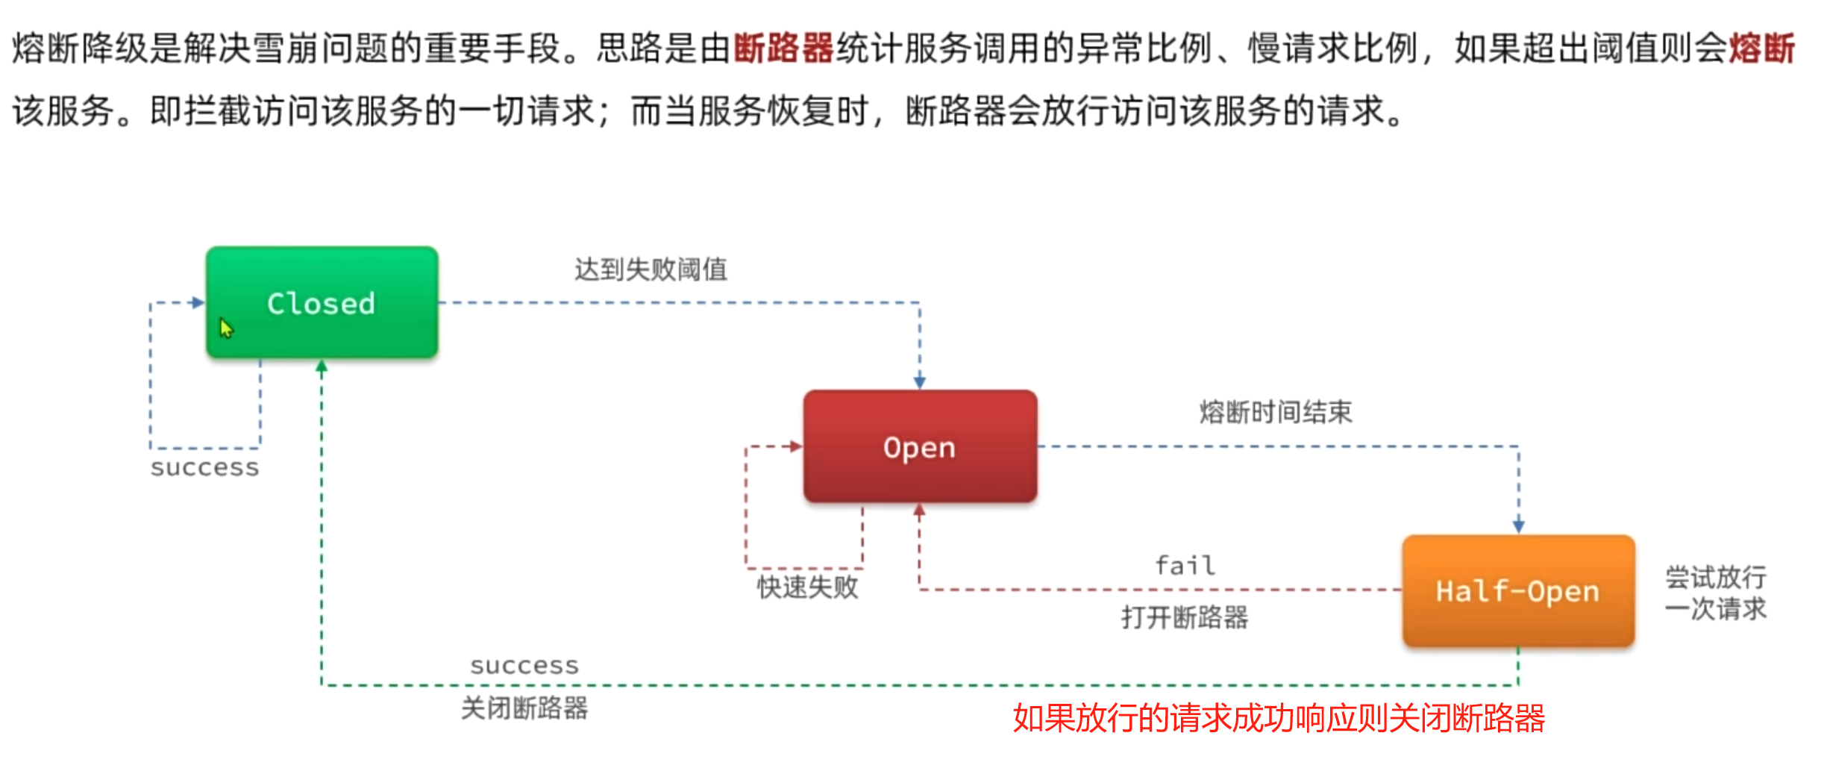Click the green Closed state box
pos(322,303)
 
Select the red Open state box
pos(920,446)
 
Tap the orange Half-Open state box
pos(1518,590)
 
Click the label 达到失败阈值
pos(651,269)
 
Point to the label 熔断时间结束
pos(1276,412)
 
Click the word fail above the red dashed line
pos(1185,566)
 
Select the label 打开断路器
pos(1185,617)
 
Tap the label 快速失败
pos(808,587)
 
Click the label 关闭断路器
pos(524,708)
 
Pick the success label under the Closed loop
pos(204,468)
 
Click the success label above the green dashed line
pos(524,666)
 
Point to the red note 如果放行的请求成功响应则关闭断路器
pos(1279,718)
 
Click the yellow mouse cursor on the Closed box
pos(226,328)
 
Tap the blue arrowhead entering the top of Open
pos(920,382)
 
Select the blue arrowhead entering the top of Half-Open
pos(1518,526)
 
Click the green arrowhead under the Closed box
pos(322,366)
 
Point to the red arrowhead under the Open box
pos(919,511)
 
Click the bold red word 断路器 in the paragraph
pos(783,49)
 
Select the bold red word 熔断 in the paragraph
pos(1761,49)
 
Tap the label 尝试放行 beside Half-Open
pos(1715,577)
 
